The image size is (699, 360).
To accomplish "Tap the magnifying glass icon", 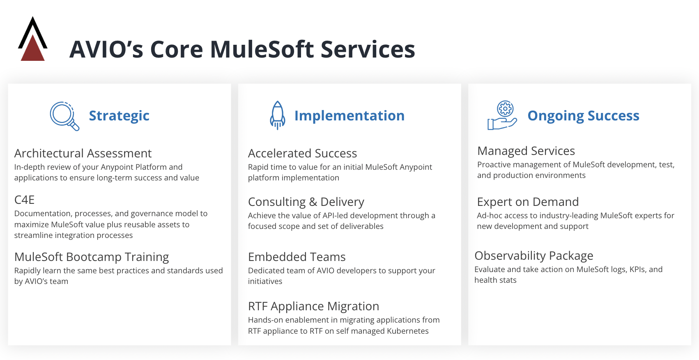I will pyautogui.click(x=64, y=116).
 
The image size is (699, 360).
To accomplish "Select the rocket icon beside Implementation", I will pyautogui.click(x=277, y=115).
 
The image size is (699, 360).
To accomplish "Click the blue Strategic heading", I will pyautogui.click(x=119, y=116).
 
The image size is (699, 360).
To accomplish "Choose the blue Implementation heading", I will pyautogui.click(x=349, y=116).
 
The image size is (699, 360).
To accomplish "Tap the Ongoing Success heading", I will pyautogui.click(x=583, y=116).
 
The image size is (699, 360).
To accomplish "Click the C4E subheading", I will pyautogui.click(x=24, y=200).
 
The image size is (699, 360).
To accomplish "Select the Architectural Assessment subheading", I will pyautogui.click(x=83, y=153).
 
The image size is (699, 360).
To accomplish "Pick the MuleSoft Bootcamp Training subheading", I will pyautogui.click(x=92, y=257).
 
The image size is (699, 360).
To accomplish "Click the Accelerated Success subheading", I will pyautogui.click(x=302, y=153).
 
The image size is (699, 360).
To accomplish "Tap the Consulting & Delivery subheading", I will pyautogui.click(x=306, y=202).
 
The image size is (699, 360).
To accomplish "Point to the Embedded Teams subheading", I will pyautogui.click(x=297, y=257).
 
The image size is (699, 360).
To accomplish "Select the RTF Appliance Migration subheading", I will pyautogui.click(x=313, y=306).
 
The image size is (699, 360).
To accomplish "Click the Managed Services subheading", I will pyautogui.click(x=526, y=151).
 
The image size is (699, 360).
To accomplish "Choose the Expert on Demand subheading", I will pyautogui.click(x=528, y=202).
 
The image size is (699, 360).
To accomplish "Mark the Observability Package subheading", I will pyautogui.click(x=533, y=256).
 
